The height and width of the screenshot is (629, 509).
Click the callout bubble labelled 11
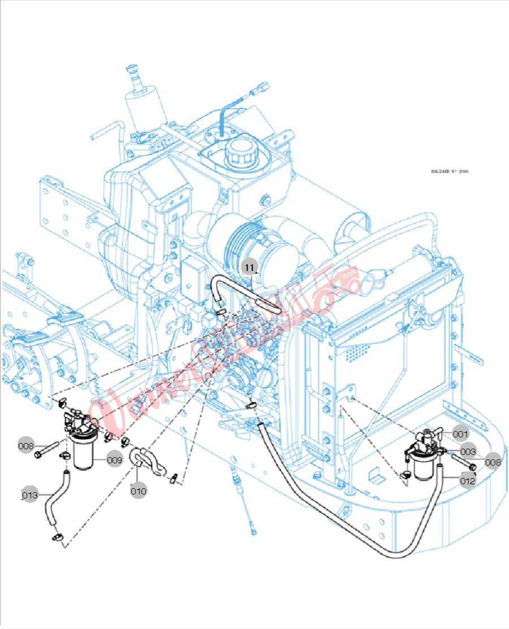tap(250, 265)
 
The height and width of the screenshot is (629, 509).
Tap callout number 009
tap(114, 460)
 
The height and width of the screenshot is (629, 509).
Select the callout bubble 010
tap(139, 490)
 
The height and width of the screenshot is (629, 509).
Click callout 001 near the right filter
tap(460, 434)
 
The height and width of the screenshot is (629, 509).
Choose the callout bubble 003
tap(468, 452)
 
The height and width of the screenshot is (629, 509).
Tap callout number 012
tap(468, 481)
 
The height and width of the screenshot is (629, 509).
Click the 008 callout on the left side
tap(26, 446)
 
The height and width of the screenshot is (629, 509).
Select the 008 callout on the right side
tap(493, 462)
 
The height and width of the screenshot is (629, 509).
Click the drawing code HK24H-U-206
tap(449, 171)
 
